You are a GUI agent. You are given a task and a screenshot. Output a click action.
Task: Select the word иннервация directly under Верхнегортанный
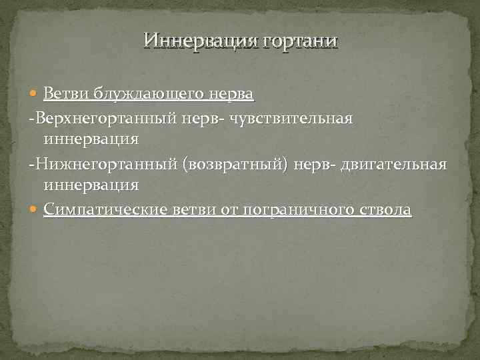[x=91, y=139]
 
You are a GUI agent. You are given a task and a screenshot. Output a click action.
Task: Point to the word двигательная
[x=393, y=164]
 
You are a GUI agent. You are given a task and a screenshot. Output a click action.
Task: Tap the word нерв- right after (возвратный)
[x=316, y=164]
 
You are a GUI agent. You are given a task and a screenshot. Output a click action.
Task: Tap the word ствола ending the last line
[x=385, y=210]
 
